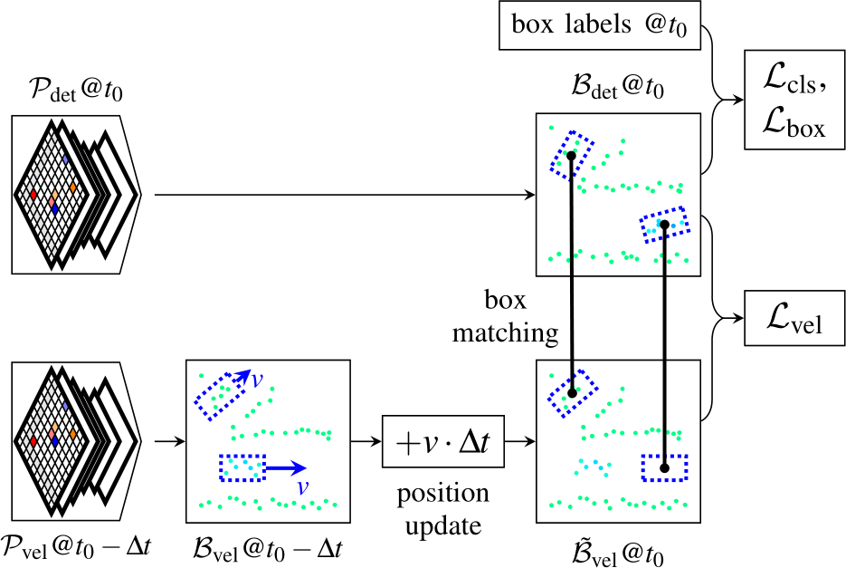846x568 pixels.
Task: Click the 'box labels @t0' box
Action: click(599, 25)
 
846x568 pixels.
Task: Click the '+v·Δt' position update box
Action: click(443, 442)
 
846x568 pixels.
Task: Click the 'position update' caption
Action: click(443, 510)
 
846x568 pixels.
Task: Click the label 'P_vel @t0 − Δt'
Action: click(76, 547)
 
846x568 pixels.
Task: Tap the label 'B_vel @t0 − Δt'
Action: click(267, 547)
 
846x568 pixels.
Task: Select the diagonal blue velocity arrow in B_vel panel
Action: click(240, 379)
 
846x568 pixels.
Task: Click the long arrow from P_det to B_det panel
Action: click(344, 194)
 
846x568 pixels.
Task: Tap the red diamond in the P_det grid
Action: click(33, 195)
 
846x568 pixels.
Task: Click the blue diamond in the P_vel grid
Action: click(54, 441)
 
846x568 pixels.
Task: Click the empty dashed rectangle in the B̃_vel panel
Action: click(664, 467)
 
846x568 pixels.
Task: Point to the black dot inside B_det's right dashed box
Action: click(664, 224)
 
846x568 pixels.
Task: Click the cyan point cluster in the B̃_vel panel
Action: click(593, 466)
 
